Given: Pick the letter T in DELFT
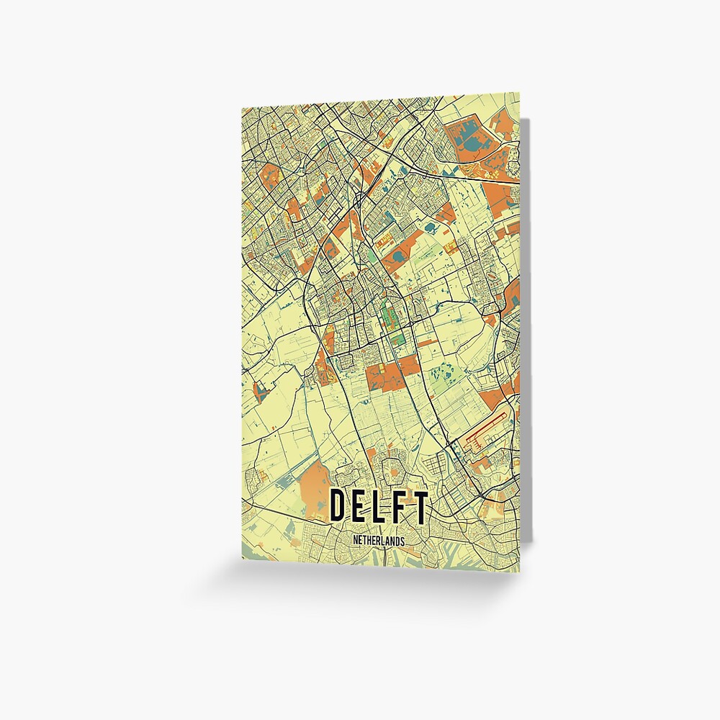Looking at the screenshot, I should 418,507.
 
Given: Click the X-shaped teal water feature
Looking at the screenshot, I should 259,392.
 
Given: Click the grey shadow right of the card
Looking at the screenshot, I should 526,324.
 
